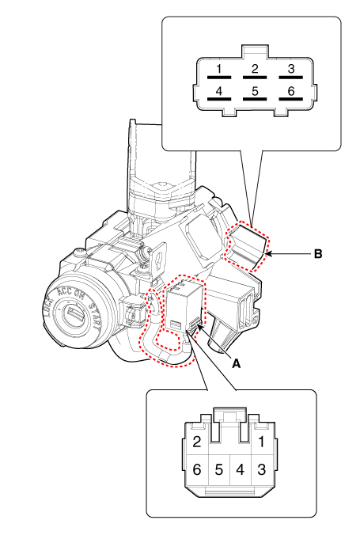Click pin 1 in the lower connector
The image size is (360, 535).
261,442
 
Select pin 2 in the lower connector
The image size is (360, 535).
197,442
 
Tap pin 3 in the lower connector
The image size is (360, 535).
261,469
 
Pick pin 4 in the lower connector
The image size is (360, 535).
241,469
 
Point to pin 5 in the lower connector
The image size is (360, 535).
218,469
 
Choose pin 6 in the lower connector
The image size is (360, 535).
197,469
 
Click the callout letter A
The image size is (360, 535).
236,364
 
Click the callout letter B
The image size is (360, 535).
318,254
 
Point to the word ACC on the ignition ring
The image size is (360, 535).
65,292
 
